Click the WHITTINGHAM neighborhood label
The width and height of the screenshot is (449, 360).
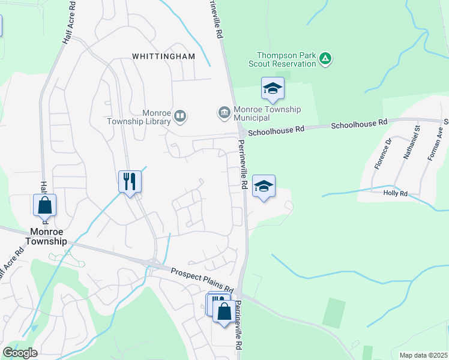(x=164, y=56)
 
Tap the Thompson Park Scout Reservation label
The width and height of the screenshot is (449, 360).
(x=286, y=59)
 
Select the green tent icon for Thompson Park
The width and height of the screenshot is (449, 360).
(x=325, y=59)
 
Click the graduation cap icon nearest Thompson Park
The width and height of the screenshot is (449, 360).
(x=273, y=88)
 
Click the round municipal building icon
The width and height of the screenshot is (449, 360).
(x=224, y=112)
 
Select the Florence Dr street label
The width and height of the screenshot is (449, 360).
(x=381, y=154)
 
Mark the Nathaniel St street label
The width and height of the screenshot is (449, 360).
(x=414, y=150)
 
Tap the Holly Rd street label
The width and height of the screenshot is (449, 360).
(x=396, y=193)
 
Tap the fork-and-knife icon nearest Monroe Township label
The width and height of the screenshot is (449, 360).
(x=130, y=181)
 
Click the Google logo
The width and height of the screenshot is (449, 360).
(x=20, y=352)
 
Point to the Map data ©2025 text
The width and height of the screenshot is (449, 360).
(x=423, y=355)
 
